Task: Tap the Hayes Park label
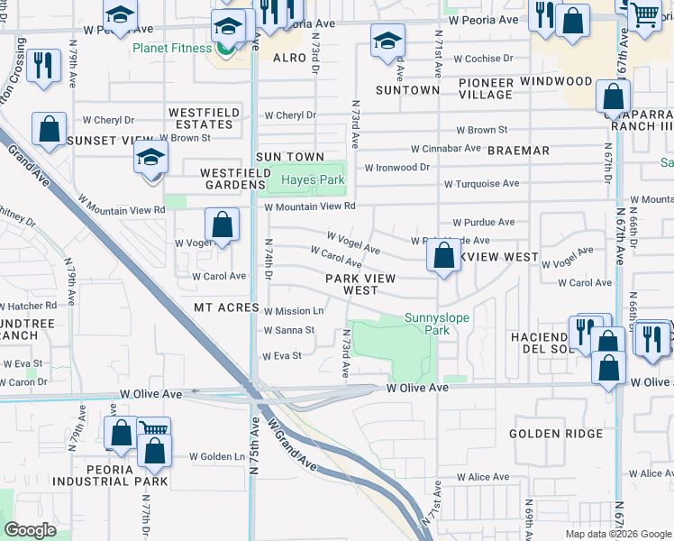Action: point(313,180)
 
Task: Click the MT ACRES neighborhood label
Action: point(226,307)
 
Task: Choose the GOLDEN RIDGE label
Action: point(556,434)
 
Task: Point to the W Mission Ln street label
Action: point(294,311)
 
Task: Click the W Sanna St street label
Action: point(288,330)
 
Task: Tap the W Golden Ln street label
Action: point(217,456)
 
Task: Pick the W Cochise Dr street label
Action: point(483,59)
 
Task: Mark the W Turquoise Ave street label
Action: point(481,184)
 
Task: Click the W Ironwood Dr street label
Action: point(396,167)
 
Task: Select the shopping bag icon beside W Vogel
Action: point(222,225)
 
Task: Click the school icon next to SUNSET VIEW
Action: point(151,159)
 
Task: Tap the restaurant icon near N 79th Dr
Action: point(43,66)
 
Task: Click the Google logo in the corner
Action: point(30,530)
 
